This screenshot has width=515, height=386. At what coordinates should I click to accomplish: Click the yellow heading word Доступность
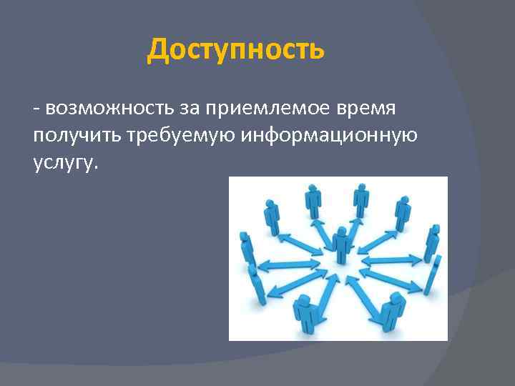[x=235, y=50]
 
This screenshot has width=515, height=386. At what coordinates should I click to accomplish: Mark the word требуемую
[x=182, y=135]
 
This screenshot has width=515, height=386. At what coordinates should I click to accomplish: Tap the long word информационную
[x=330, y=135]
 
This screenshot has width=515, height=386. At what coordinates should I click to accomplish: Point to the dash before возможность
[x=36, y=109]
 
